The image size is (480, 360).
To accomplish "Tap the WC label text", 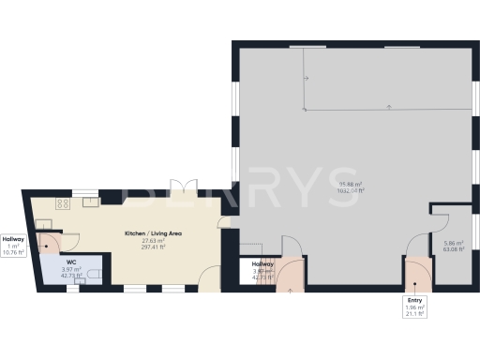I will [x=71, y=262].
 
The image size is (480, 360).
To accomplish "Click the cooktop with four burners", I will [x=64, y=202].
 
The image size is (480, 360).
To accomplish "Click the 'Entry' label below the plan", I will [x=415, y=300].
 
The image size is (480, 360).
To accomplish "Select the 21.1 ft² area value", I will [x=415, y=314].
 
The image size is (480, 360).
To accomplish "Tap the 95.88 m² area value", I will [x=351, y=184].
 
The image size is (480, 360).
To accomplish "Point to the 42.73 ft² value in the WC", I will [x=71, y=276].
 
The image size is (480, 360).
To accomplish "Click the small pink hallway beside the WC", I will [x=48, y=246].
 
